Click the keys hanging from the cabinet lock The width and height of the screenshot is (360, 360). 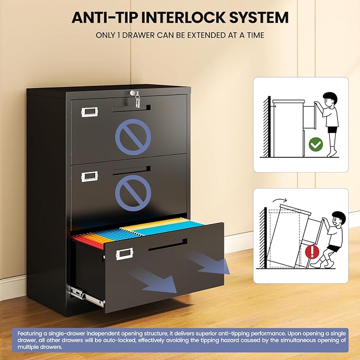[137, 100]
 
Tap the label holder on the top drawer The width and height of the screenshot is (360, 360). [89, 112]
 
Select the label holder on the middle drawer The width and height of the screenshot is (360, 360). [89, 177]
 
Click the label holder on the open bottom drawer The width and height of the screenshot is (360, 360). [125, 254]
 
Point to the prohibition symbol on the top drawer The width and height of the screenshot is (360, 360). [133, 137]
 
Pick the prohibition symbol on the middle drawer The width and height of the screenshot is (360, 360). [133, 193]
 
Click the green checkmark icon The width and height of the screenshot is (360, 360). [315, 144]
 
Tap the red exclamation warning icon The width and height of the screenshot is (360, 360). [312, 251]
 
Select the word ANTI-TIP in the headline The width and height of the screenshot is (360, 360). [105, 17]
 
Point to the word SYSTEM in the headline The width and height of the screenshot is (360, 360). [259, 17]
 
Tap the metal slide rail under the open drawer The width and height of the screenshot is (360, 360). [86, 296]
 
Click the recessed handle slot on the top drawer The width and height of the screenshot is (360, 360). [131, 109]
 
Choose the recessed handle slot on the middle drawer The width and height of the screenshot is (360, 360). [131, 171]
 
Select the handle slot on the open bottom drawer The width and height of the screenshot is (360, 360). [168, 245]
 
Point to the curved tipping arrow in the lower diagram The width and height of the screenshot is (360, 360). [279, 200]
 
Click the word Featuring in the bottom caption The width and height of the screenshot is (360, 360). [30, 333]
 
